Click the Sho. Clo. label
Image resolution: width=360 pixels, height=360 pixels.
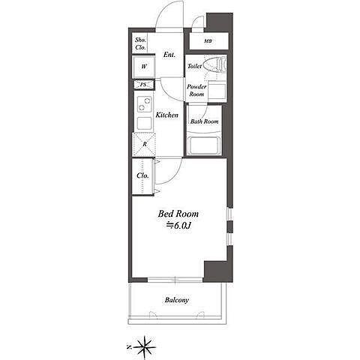140,43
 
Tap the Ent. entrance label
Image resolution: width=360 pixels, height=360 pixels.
169,55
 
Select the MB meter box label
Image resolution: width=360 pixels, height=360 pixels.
208,41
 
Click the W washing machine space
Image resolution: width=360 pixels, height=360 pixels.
144,67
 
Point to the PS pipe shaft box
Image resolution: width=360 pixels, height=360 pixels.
143,85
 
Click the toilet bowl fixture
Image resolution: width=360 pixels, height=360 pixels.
214,64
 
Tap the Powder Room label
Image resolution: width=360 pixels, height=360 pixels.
196,90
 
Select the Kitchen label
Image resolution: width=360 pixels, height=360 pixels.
167,115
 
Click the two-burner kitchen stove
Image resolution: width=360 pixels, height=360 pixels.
145,104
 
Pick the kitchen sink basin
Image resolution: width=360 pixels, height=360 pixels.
145,123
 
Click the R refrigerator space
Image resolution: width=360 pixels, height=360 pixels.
144,145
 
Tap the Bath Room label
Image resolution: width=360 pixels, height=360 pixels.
204,121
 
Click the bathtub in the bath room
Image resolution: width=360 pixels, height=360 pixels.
205,145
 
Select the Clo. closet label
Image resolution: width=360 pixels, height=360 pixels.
142,175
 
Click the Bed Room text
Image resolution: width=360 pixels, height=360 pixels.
178,214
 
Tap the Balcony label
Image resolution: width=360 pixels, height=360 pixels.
177,300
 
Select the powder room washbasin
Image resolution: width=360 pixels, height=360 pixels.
217,91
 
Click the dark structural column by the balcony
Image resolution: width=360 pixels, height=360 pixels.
215,271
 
